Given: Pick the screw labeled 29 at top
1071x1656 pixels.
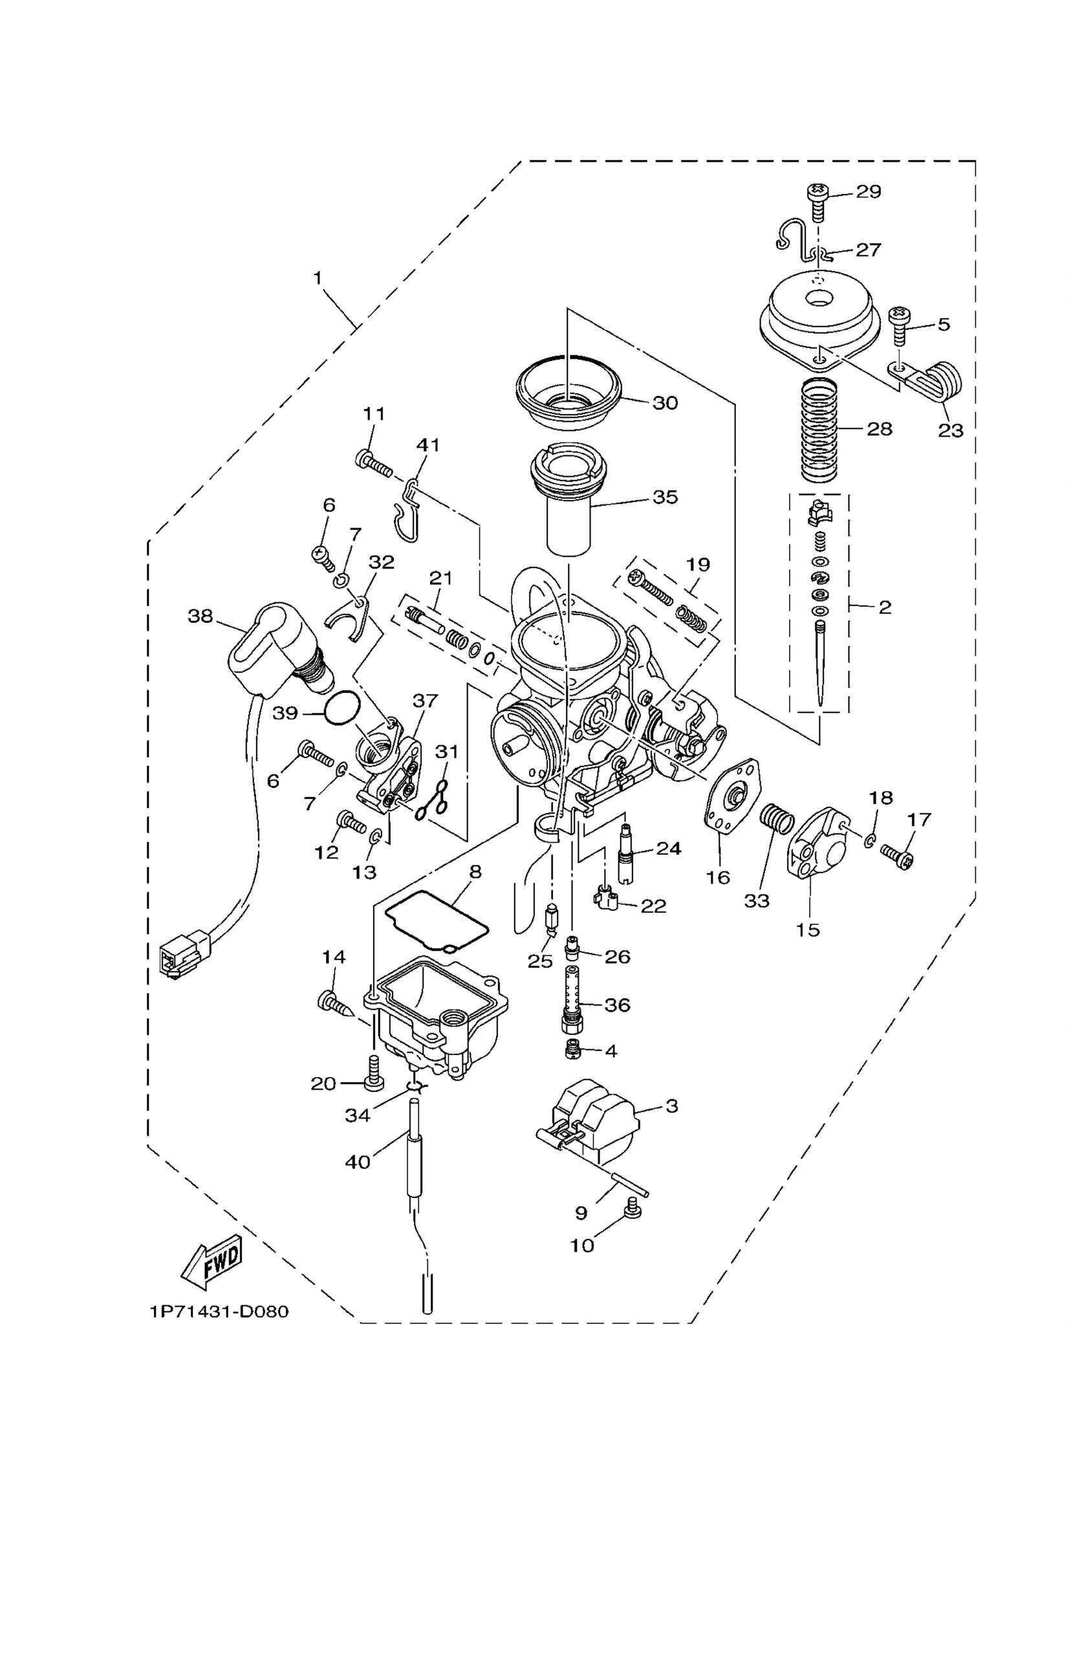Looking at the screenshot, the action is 818,201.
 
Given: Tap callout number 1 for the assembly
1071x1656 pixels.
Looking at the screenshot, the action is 317,278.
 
